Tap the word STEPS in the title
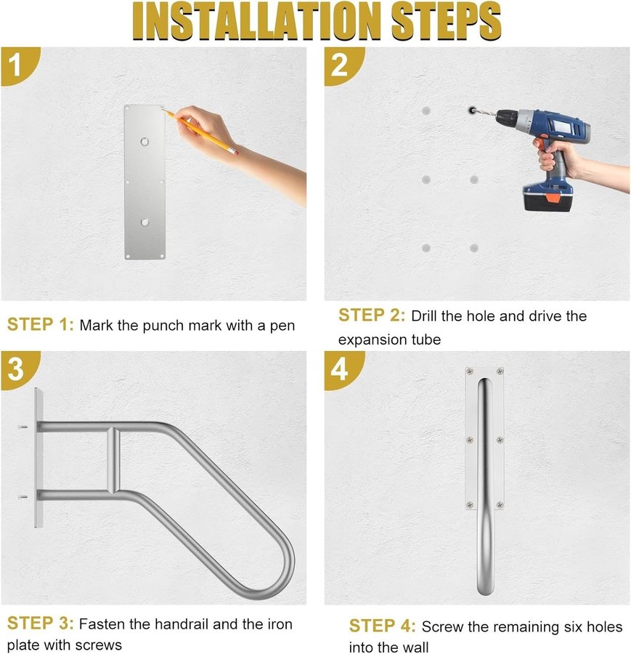click(x=446, y=21)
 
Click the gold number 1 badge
click(x=19, y=65)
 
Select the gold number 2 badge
click(x=343, y=65)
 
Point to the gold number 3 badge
click(x=19, y=369)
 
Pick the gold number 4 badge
click(x=343, y=369)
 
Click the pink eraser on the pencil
click(x=235, y=152)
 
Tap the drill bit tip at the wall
click(x=471, y=110)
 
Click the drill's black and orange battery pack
click(x=547, y=198)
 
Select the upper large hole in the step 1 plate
click(x=144, y=142)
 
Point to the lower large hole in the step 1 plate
click(x=144, y=222)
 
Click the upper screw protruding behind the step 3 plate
click(x=23, y=427)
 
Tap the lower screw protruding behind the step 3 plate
click(x=23, y=496)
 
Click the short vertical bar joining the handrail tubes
click(x=113, y=459)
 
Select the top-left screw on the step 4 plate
click(x=470, y=371)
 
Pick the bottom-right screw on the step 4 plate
click(x=500, y=506)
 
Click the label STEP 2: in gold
click(x=371, y=315)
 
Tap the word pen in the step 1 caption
click(x=282, y=326)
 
